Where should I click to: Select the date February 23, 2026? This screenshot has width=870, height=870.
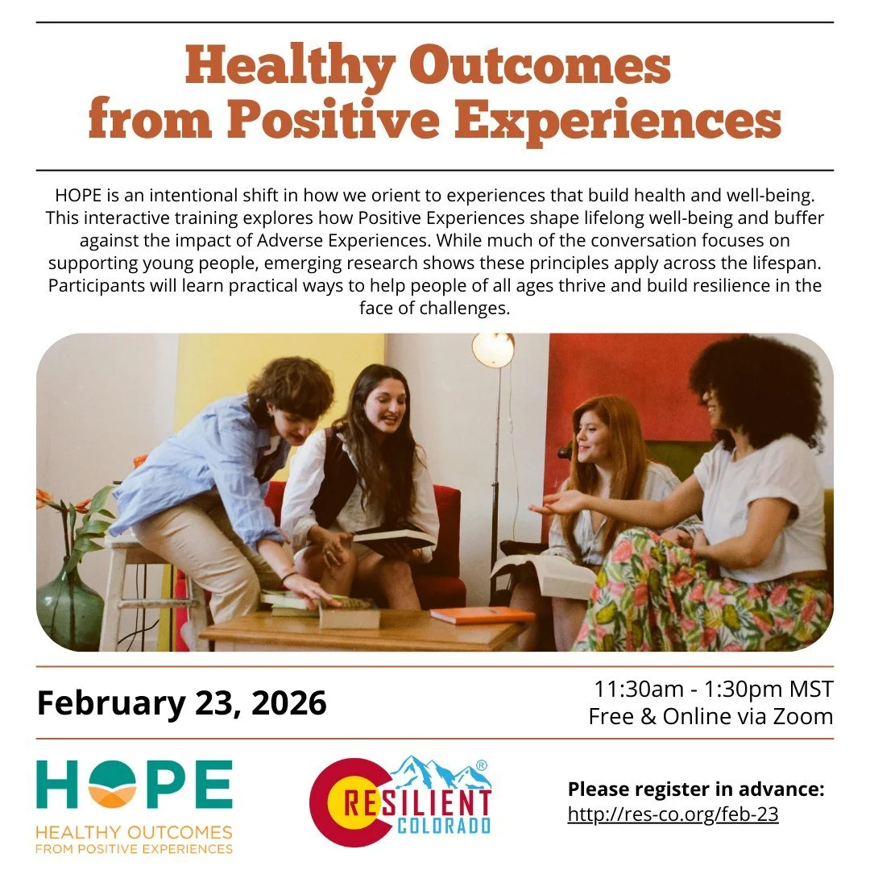pyautogui.click(x=182, y=702)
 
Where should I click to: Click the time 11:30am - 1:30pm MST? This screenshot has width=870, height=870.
pyautogui.click(x=713, y=690)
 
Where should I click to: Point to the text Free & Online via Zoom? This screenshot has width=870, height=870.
pyautogui.click(x=710, y=716)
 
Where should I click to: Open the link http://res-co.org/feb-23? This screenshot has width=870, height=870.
pyautogui.click(x=673, y=814)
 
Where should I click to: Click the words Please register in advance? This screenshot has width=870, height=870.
pyautogui.click(x=695, y=789)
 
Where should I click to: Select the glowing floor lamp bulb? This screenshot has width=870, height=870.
pyautogui.click(x=492, y=350)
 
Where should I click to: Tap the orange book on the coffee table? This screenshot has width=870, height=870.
pyautogui.click(x=482, y=615)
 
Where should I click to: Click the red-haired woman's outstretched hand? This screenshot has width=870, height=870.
pyautogui.click(x=556, y=503)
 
